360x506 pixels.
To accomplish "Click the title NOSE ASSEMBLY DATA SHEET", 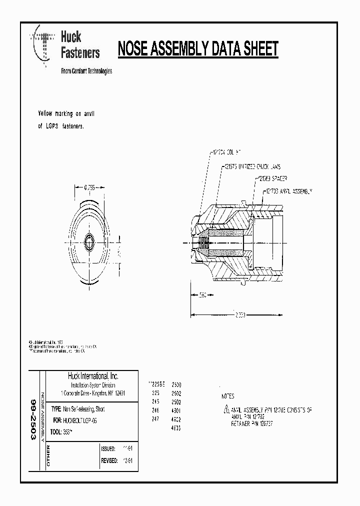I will click(x=197, y=49).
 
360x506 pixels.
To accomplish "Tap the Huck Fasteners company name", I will click(x=80, y=44).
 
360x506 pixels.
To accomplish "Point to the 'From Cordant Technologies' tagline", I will click(x=86, y=71).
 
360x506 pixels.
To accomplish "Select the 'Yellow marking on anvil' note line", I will click(x=66, y=114).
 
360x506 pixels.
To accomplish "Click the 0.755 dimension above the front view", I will click(x=89, y=187).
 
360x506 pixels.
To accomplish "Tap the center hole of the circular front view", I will click(x=90, y=241).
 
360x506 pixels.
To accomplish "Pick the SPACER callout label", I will click(x=272, y=177).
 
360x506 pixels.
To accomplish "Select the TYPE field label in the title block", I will click(x=56, y=409).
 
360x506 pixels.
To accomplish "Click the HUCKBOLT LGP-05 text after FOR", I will click(x=81, y=421).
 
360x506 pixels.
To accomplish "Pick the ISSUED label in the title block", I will click(x=108, y=449).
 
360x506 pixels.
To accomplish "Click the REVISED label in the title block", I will click(x=108, y=460).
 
